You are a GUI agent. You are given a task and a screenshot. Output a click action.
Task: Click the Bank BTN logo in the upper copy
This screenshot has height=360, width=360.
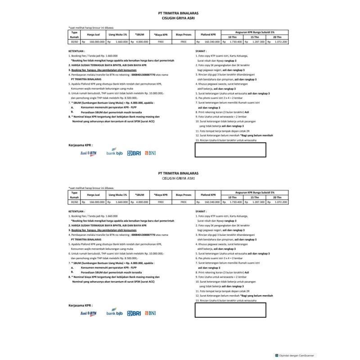89,153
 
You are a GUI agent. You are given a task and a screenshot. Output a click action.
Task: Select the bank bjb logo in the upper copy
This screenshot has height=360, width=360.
115,153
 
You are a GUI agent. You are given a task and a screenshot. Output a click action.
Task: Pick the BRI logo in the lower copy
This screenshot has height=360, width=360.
134,313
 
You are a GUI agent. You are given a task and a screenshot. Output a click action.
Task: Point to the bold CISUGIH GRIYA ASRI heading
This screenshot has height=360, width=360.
179,19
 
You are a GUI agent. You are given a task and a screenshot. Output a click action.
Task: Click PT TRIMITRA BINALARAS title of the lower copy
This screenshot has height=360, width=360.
179,173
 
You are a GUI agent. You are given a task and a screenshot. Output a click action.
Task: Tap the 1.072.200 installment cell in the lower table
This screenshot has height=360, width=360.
279,202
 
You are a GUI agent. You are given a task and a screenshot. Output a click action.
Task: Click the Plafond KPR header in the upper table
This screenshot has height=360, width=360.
208,34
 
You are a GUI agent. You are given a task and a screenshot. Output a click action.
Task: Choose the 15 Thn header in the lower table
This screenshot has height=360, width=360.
255,198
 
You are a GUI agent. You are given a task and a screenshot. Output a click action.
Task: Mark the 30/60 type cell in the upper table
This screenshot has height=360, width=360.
74,41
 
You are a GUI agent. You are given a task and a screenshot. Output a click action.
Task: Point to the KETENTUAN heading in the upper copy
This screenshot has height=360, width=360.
76,51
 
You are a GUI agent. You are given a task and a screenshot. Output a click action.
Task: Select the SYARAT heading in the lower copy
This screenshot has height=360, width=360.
201,211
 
